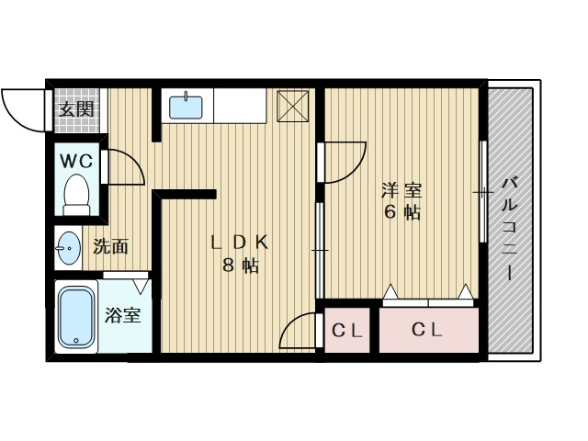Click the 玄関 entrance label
76,110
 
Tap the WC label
77,162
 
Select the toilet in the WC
76,195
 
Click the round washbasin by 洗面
68,248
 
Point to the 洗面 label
111,246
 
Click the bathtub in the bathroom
76,316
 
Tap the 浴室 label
122,315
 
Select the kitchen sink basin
186,107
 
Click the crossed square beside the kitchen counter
293,106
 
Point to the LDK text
240,243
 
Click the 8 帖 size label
241,266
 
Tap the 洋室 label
401,190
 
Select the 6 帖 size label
402,212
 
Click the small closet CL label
347,331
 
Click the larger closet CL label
427,330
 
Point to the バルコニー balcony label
510,230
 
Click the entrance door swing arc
15,120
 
